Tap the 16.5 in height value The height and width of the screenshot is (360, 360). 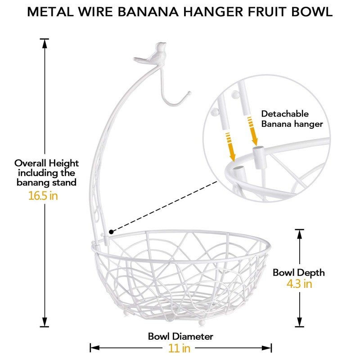pos(43,196)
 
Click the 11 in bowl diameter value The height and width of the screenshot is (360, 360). pos(180,348)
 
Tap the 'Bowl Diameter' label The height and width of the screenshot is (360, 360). pos(180,336)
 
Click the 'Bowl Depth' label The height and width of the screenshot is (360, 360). pos(299,272)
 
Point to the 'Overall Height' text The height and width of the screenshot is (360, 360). pos(46,163)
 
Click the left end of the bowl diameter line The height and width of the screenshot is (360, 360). pos(91,347)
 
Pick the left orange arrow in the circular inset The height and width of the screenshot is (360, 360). pos(231,146)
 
